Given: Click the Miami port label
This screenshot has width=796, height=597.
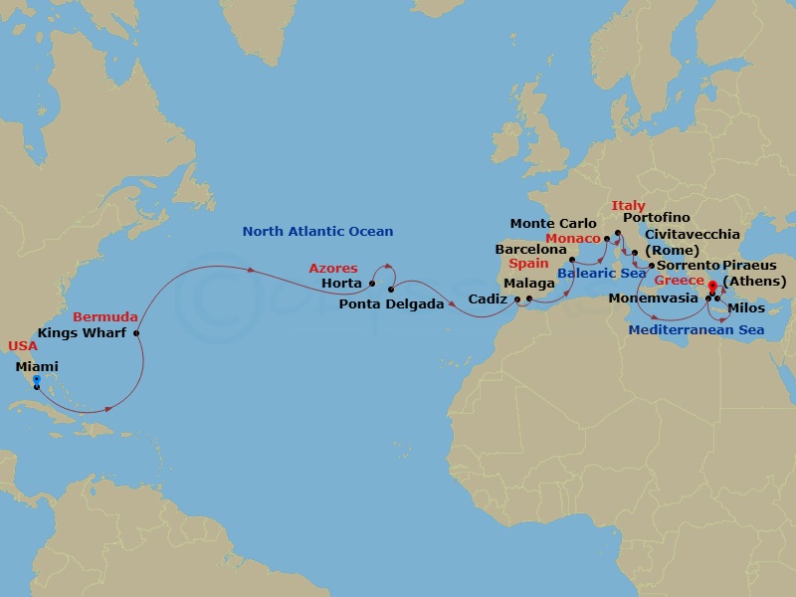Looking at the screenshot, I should coord(37,367).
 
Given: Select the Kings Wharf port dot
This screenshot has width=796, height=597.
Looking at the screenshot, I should coord(136,332).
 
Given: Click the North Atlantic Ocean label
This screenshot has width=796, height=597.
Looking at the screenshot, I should coord(317,232).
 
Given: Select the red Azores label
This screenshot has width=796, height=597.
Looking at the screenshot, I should coord(333,269).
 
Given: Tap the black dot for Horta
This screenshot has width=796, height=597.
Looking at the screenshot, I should coord(372,284).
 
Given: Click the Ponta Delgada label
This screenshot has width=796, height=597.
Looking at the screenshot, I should coord(391,303).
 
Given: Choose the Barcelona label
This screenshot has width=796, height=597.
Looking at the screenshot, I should coord(523,249).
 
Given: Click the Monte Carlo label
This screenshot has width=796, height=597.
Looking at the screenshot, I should coord(553,224).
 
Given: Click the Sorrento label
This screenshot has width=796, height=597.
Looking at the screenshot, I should coord(687,266).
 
